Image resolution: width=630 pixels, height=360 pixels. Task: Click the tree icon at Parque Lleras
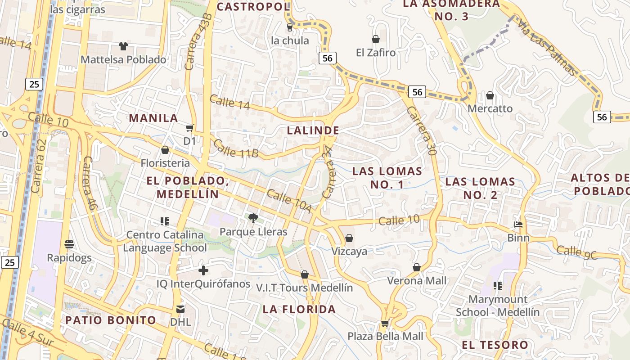253,218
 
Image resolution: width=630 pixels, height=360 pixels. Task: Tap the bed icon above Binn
518,224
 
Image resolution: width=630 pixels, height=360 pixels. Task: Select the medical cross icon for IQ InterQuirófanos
203,270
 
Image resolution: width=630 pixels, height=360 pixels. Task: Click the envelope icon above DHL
180,309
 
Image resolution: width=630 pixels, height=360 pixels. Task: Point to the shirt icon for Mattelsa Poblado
123,46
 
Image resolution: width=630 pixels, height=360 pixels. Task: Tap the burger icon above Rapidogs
69,244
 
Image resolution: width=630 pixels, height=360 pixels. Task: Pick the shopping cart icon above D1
190,128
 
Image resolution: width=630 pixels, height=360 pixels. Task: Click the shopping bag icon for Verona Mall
417,267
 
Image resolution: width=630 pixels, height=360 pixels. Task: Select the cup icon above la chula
290,27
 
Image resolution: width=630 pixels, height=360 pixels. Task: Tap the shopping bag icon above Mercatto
490,95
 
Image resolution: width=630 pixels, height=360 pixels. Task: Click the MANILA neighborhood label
153,118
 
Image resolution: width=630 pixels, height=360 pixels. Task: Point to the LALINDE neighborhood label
313,130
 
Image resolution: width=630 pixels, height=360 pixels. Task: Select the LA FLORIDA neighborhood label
299,309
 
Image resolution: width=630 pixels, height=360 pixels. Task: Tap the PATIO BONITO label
111,320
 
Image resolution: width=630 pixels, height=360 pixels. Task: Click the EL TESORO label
495,345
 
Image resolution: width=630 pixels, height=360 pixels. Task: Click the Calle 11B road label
236,149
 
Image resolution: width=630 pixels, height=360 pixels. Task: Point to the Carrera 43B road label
198,42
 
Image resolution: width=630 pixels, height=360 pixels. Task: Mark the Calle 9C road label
577,252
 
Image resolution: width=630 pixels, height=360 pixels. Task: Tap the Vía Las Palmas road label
546,46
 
